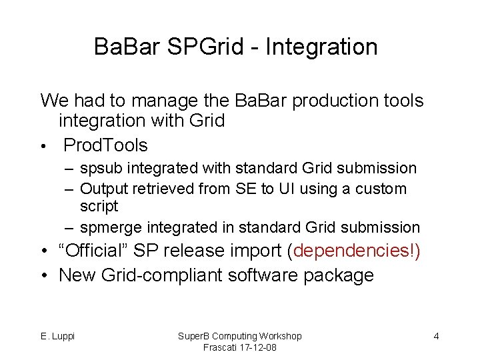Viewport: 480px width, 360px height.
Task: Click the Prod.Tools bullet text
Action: point(105,145)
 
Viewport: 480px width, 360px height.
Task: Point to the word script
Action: point(99,206)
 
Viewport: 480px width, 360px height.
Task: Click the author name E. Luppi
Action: point(57,336)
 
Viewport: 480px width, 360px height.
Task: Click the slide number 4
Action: point(436,336)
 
